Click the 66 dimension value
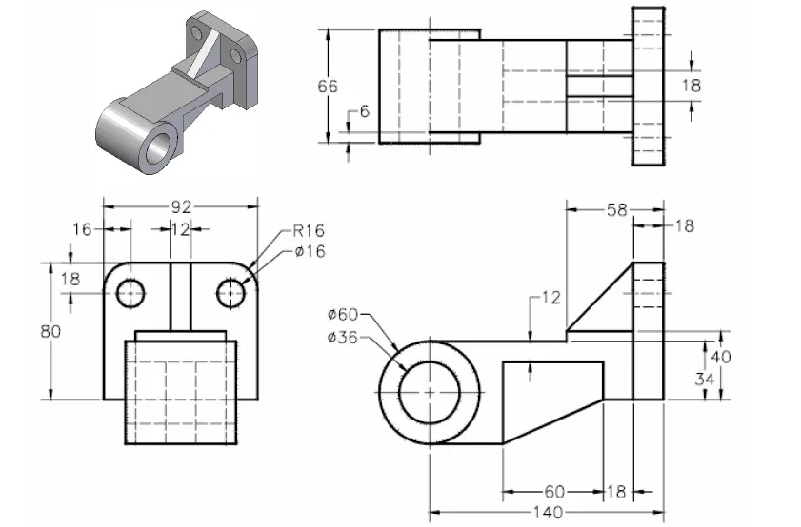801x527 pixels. (x=327, y=87)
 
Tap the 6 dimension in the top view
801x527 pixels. (x=363, y=112)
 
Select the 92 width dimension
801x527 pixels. (x=182, y=205)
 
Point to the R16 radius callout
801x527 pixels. (x=309, y=230)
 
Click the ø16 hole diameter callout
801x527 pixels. (x=309, y=251)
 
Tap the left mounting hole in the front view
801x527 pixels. (x=130, y=294)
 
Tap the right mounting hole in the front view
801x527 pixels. (x=230, y=294)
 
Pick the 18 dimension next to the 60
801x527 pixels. (x=617, y=492)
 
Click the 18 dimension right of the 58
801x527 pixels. (x=684, y=226)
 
